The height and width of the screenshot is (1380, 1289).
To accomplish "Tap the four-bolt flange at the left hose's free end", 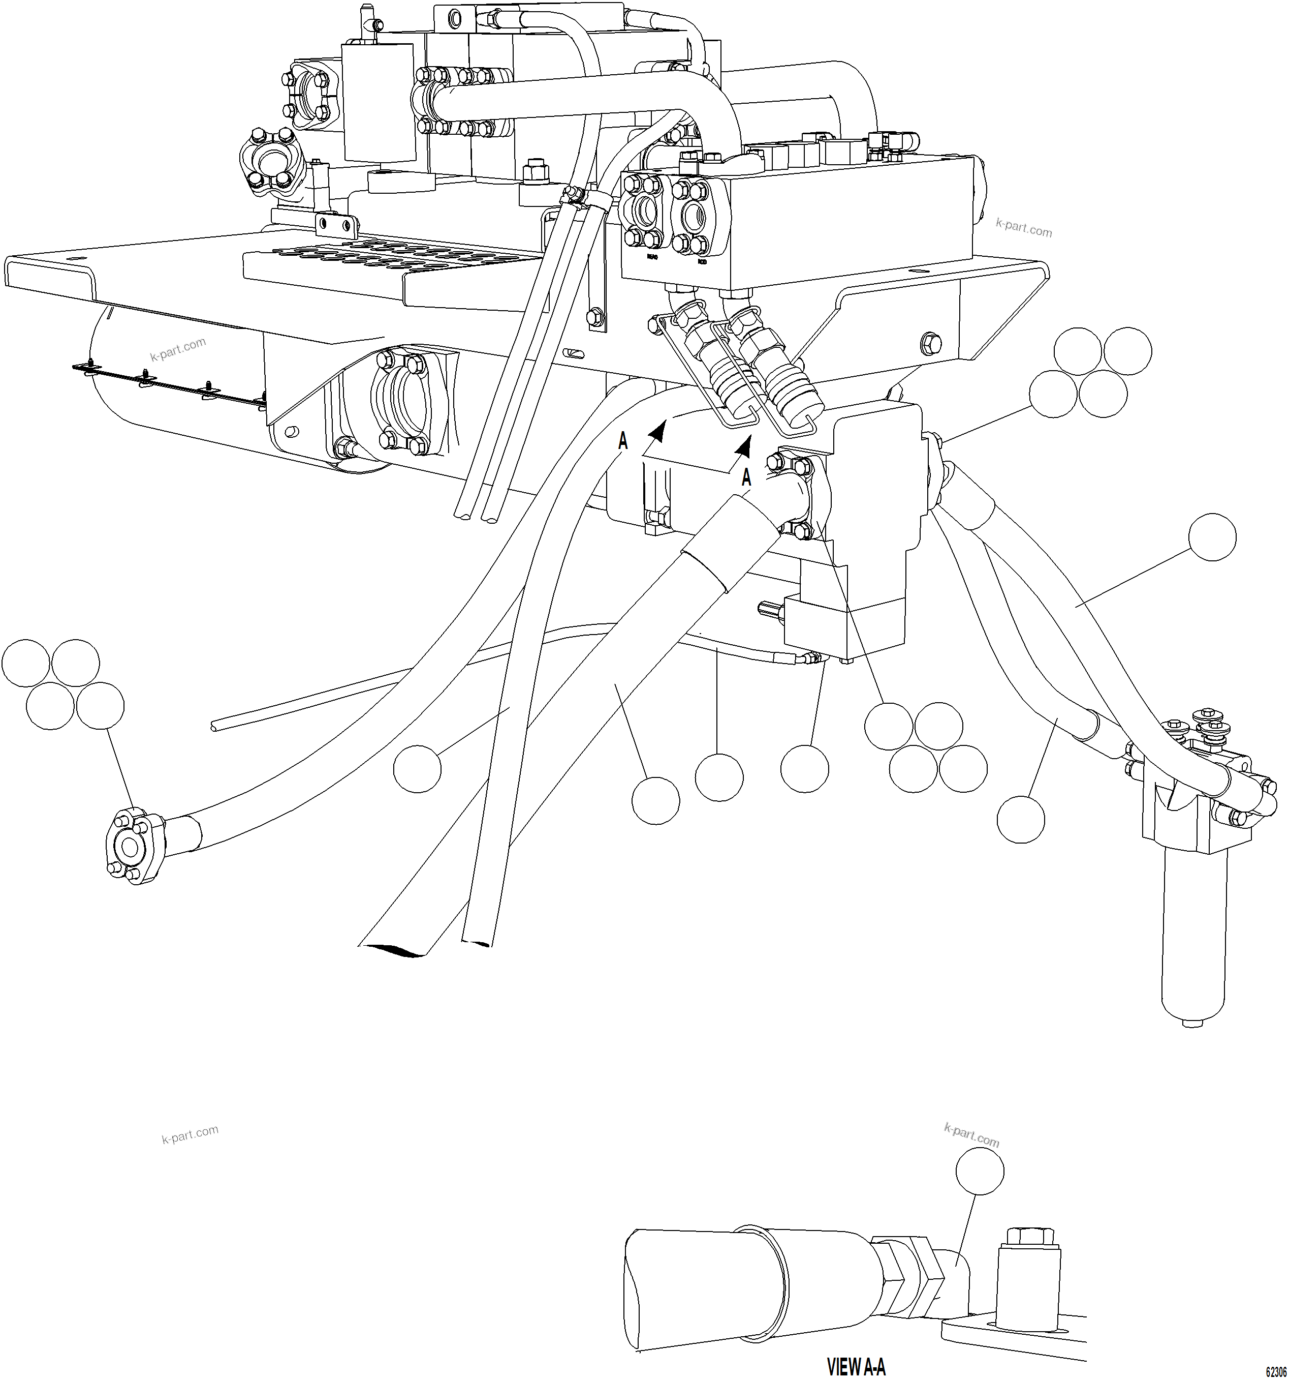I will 132,846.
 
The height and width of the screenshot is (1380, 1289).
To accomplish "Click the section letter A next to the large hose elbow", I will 746,477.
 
